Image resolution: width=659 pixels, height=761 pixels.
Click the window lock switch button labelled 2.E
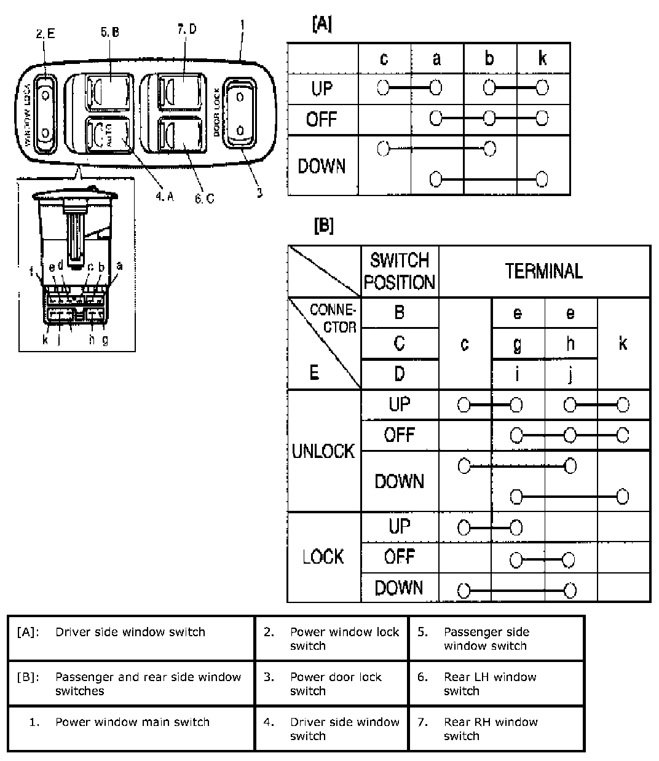click(45, 114)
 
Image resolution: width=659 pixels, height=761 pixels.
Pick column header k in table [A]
click(542, 58)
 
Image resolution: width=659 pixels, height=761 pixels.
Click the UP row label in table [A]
click(322, 89)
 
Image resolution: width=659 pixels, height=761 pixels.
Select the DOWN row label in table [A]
click(322, 166)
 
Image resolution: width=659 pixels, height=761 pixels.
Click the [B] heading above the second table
click(323, 226)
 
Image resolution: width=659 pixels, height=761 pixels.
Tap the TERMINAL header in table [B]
click(544, 271)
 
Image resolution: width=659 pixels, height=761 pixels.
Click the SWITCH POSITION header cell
click(400, 271)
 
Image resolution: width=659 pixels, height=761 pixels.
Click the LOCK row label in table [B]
click(323, 557)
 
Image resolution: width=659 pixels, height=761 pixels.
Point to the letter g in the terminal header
click(518, 344)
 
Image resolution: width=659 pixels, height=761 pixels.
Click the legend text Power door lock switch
click(336, 684)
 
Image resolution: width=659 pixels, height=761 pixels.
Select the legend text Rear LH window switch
click(490, 684)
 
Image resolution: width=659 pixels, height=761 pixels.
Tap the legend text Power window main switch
click(132, 722)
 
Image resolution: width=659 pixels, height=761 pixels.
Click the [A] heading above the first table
click(322, 25)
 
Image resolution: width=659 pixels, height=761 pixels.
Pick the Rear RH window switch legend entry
click(491, 728)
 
